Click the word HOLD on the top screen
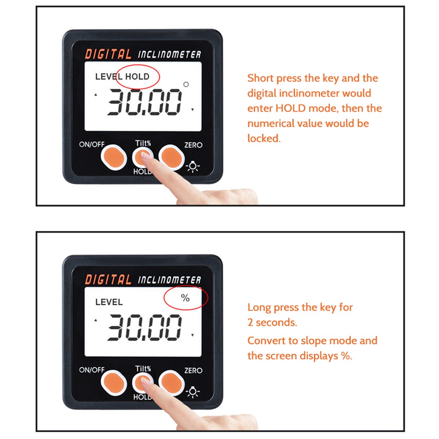tap(137, 76)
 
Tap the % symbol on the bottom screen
tap(185, 298)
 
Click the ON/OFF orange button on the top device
tap(113, 157)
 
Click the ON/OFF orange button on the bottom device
tap(113, 383)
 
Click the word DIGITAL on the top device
tap(108, 55)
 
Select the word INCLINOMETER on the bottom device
tap(169, 280)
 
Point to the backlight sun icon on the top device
tap(193, 167)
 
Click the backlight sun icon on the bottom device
tap(193, 393)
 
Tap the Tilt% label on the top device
tap(143, 143)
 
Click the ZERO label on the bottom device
tap(193, 371)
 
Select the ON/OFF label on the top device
tap(92, 145)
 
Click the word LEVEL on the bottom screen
tap(109, 302)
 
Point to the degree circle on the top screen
tap(186, 85)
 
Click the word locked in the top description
tap(263, 138)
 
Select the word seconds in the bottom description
tap(276, 322)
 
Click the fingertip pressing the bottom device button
tap(146, 381)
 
